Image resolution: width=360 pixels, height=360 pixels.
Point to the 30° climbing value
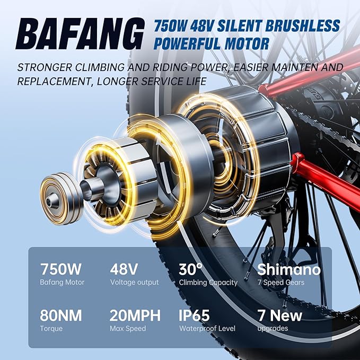point(191,269)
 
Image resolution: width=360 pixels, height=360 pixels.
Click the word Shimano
point(289,269)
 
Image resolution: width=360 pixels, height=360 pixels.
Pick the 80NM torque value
point(61,315)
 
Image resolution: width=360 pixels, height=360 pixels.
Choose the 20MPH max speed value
point(135,315)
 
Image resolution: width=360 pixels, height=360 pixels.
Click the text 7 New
point(279,315)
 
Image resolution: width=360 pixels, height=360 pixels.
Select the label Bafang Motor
point(62,283)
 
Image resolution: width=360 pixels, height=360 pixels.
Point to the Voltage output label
point(134,283)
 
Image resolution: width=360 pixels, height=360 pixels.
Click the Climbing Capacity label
point(208,283)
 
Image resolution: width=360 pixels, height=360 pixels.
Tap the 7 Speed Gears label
point(281,283)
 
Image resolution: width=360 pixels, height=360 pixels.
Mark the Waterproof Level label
point(207,329)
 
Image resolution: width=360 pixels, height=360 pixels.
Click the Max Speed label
point(128,329)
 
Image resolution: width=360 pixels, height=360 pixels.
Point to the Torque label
point(51,329)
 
